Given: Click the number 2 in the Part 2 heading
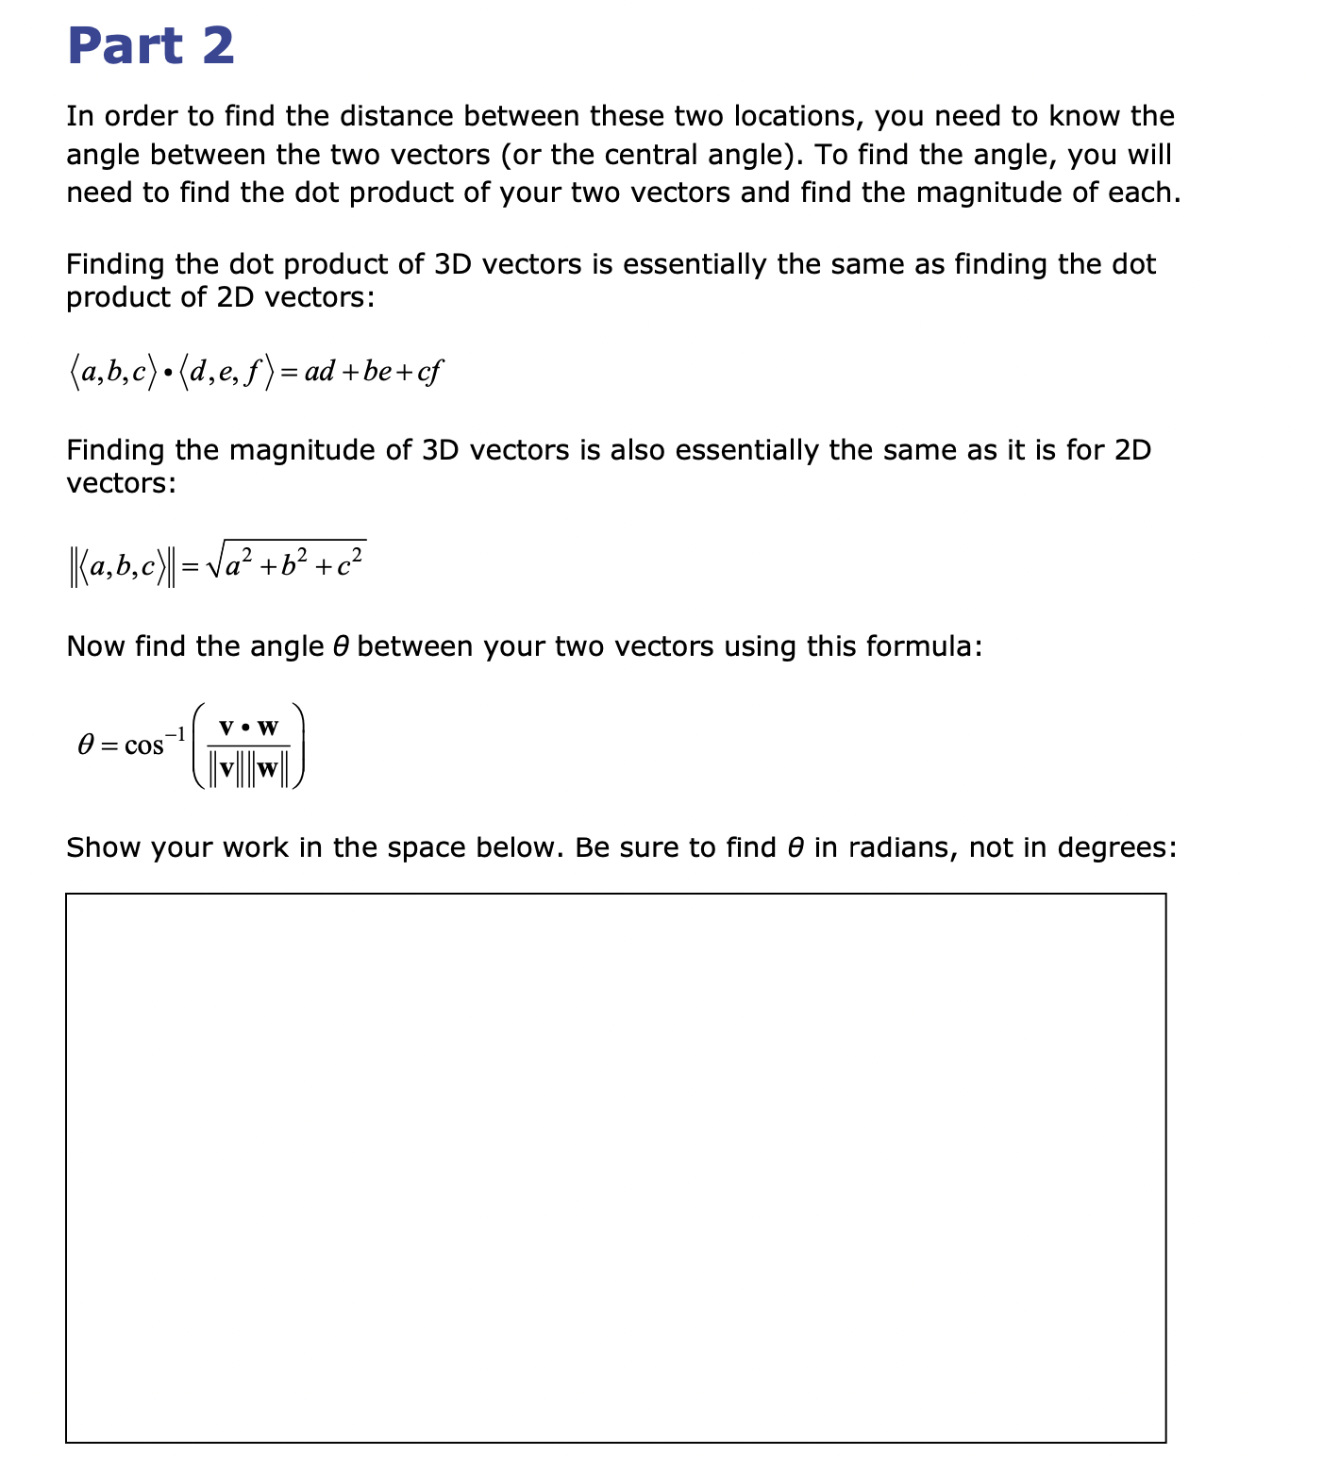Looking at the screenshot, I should [x=217, y=46].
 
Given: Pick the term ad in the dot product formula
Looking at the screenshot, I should [x=320, y=372].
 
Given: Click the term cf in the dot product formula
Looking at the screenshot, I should [x=429, y=372].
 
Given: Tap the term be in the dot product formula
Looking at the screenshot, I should [x=377, y=372].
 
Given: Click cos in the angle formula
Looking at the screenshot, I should [x=144, y=745].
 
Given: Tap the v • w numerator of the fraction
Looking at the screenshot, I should [x=248, y=728].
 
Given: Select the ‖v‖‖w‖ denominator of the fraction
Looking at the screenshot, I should [x=248, y=768].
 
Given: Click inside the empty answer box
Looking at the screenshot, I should [x=615, y=1167].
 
